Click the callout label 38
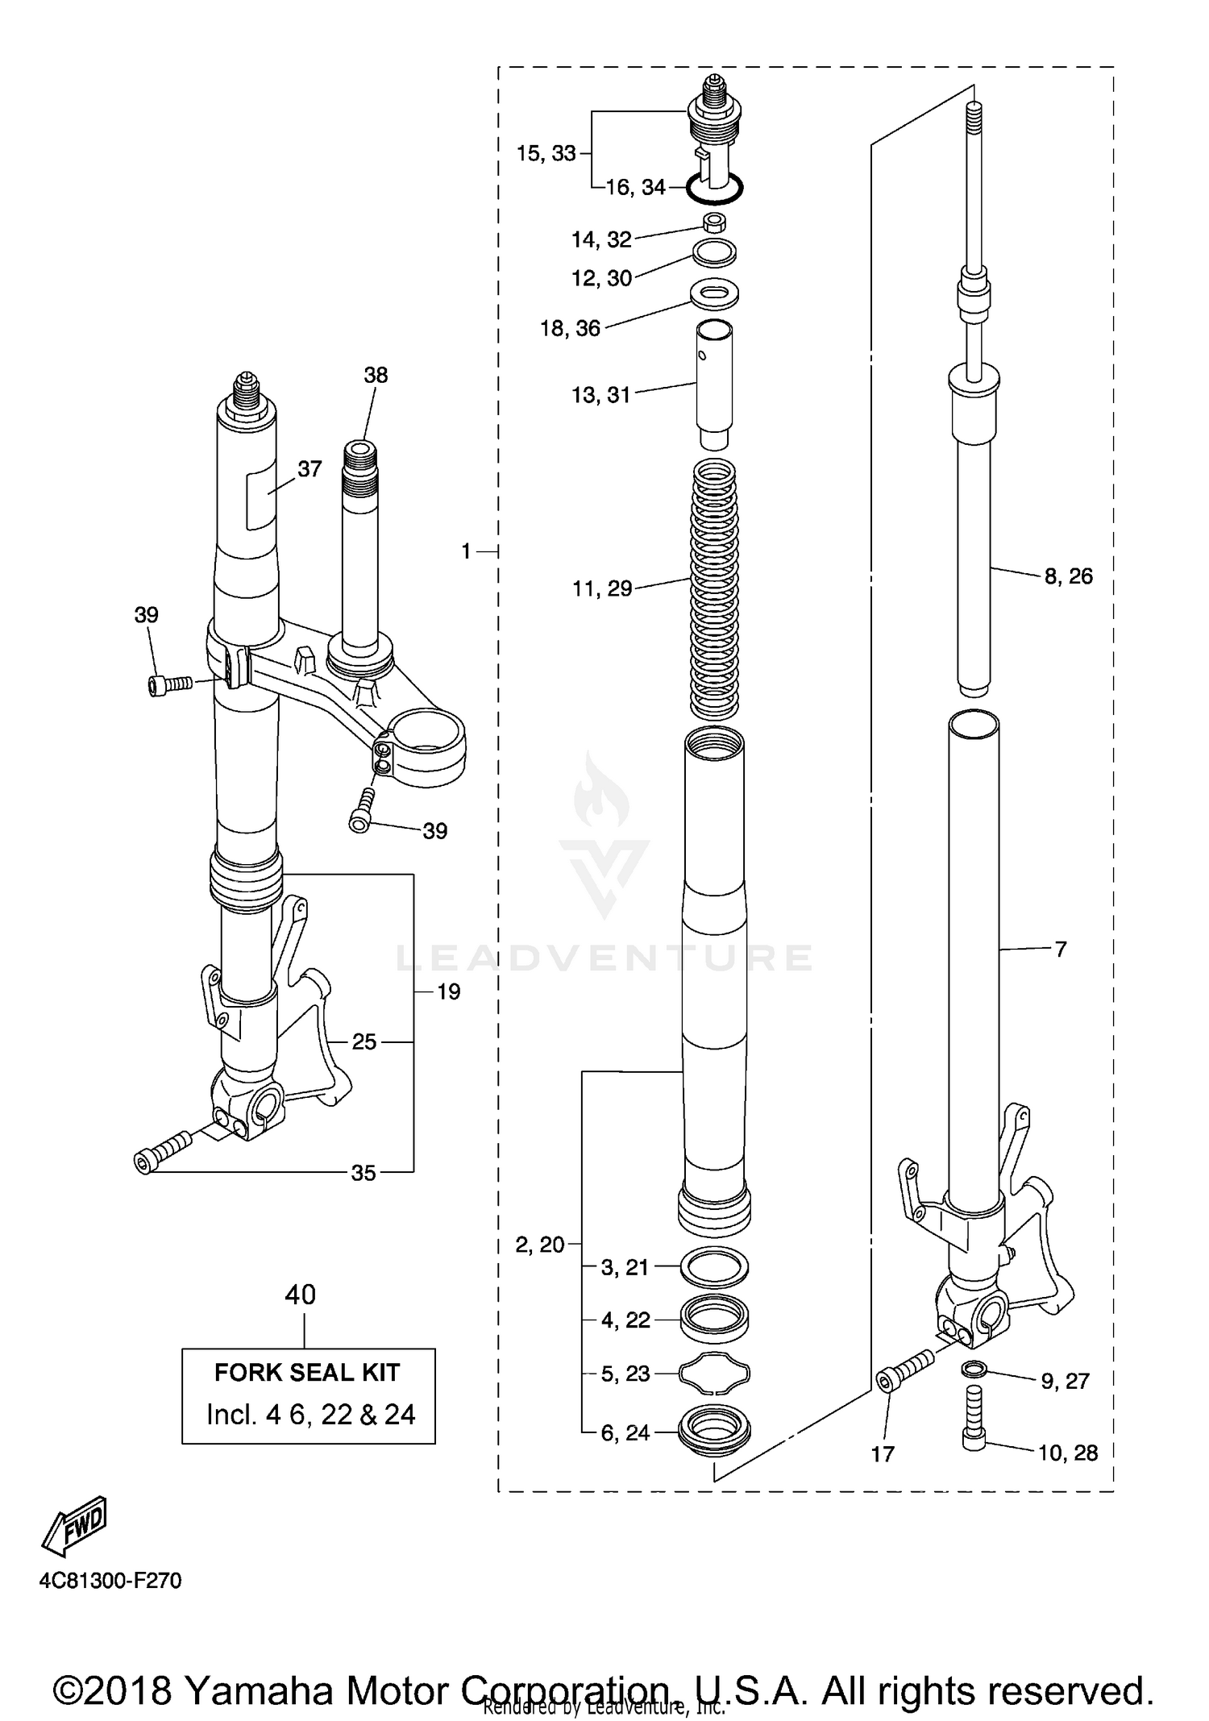point(376,375)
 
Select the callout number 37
point(310,468)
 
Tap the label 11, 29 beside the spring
point(602,588)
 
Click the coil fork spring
point(715,588)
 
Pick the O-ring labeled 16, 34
point(715,190)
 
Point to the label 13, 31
point(601,395)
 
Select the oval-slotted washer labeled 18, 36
point(715,293)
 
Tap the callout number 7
point(1061,949)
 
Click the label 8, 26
point(1069,576)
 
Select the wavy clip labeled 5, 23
point(715,1373)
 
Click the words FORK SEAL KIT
point(307,1373)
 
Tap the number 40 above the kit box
point(301,1295)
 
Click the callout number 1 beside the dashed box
point(466,551)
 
